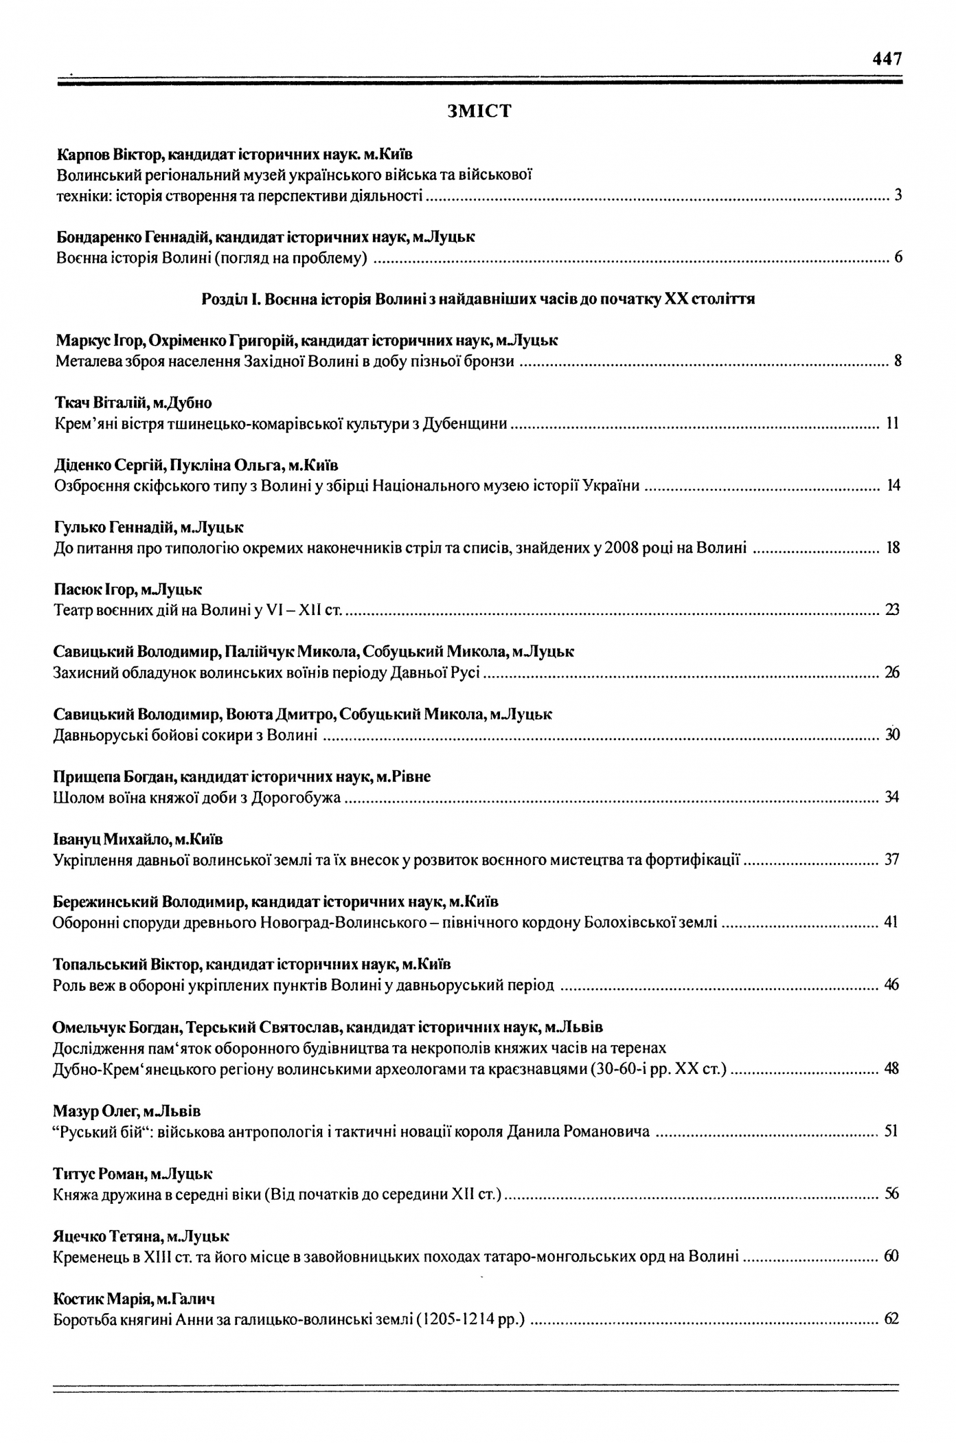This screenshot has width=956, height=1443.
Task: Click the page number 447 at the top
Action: [887, 59]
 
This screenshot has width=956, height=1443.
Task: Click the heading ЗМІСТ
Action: [479, 111]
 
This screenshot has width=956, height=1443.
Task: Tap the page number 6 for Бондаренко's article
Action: [898, 258]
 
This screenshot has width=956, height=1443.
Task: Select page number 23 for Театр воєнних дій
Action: [892, 609]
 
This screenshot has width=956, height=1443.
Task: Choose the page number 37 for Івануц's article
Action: [892, 859]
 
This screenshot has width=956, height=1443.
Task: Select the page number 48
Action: [892, 1069]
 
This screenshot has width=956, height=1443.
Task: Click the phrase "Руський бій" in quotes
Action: [95, 1131]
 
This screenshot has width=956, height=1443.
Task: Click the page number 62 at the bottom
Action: [892, 1319]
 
